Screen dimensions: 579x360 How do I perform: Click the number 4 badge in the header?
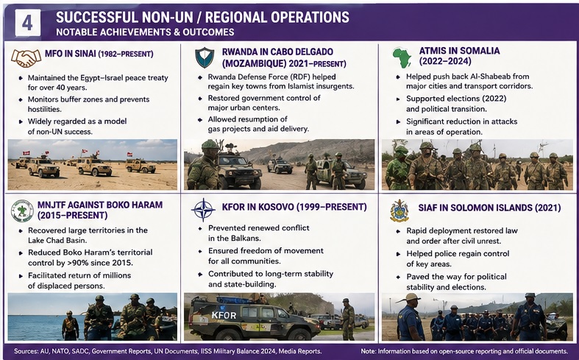click(28, 23)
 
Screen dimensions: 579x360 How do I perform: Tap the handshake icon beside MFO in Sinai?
click(26, 58)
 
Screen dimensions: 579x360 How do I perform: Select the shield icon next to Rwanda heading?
click(205, 57)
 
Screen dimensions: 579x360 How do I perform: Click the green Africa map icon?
click(402, 57)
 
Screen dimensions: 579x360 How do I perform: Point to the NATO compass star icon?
click(203, 210)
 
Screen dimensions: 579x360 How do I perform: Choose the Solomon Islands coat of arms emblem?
click(399, 211)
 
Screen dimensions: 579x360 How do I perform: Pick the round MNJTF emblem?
click(22, 211)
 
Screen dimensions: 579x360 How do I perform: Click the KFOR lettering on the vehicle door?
click(224, 315)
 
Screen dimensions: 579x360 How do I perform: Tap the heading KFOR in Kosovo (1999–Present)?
click(294, 207)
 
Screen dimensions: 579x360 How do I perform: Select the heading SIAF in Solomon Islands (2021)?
click(489, 208)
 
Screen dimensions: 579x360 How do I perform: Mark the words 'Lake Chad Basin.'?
click(57, 240)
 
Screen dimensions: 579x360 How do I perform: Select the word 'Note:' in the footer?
click(368, 351)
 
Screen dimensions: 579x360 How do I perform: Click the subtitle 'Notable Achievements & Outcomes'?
click(145, 32)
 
